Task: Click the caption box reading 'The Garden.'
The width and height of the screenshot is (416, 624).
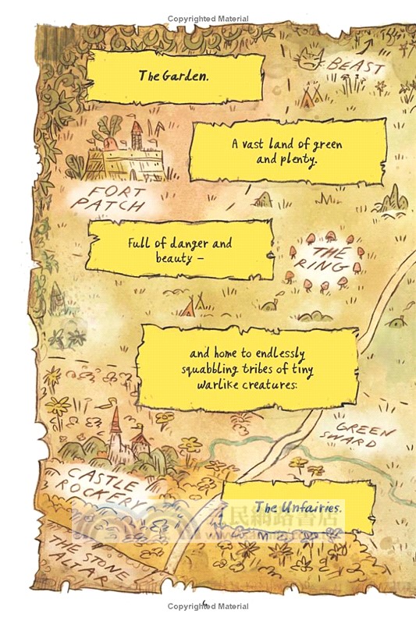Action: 174,77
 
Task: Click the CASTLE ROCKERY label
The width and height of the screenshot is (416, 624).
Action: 101,487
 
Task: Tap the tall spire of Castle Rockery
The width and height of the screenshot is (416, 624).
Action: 115,425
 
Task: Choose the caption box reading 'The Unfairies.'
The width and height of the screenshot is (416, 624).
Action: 298,506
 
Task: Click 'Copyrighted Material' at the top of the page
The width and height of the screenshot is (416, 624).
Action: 208,18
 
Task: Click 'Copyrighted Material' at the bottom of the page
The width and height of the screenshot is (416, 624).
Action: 208,607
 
